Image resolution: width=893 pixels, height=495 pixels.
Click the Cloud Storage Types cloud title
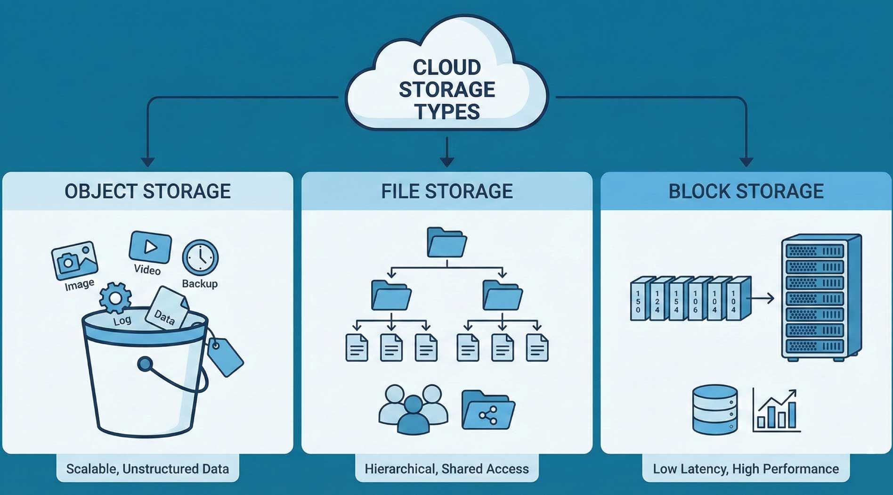click(x=446, y=90)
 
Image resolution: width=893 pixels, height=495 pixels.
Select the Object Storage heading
click(x=147, y=191)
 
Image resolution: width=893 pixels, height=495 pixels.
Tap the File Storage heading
click(x=446, y=191)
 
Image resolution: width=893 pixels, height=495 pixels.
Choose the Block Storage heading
click(x=746, y=191)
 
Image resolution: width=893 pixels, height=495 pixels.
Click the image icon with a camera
click(x=74, y=260)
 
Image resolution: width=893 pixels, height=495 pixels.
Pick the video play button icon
click(x=150, y=247)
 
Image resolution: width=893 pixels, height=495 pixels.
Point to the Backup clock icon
click(x=200, y=257)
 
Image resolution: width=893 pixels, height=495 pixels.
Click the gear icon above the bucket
click(x=115, y=298)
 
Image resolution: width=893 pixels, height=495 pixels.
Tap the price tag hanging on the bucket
click(x=225, y=356)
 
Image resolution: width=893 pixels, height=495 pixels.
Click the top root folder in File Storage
click(x=446, y=242)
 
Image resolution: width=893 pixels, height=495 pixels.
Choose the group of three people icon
click(x=413, y=409)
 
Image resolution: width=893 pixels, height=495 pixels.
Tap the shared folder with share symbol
click(x=488, y=410)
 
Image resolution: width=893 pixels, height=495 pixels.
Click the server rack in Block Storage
click(x=821, y=297)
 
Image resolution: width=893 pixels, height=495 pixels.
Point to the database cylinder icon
click(x=714, y=409)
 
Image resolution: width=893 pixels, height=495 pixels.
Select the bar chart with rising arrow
click(x=776, y=410)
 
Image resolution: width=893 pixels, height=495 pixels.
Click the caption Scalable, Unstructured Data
click(x=147, y=469)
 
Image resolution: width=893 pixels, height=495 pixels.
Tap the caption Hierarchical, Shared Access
click(x=446, y=469)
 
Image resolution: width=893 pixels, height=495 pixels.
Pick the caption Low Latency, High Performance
click(x=746, y=469)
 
